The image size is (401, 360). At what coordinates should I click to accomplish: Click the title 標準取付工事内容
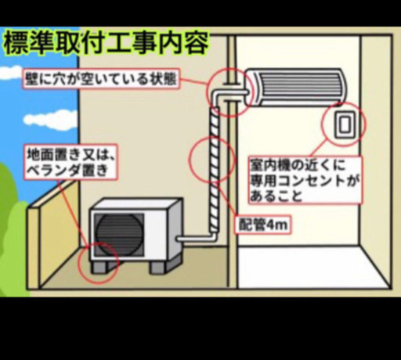[x=107, y=43]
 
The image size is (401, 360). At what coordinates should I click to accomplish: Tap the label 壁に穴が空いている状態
[x=101, y=79]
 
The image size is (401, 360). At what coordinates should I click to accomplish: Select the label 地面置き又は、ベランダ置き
[x=70, y=162]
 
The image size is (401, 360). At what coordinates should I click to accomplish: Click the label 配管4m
[x=263, y=225]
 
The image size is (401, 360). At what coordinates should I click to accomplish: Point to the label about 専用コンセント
[x=305, y=180]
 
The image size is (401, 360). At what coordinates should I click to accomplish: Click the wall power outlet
[x=345, y=124]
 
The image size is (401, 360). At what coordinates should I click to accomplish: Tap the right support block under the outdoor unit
[x=161, y=265]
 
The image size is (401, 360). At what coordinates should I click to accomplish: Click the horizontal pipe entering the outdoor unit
[x=194, y=238]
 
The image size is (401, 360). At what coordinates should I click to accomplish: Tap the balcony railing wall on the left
[x=34, y=248]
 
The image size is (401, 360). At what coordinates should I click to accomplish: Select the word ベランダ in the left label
[x=57, y=171]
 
